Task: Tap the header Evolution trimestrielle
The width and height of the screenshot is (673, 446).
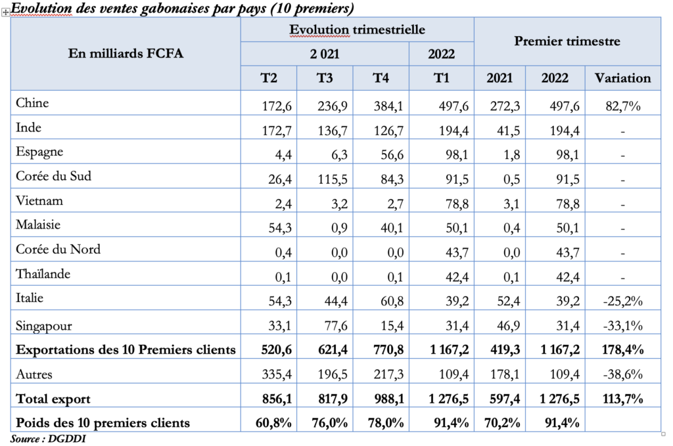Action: (x=357, y=30)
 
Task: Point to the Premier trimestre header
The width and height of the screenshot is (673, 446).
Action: (x=567, y=41)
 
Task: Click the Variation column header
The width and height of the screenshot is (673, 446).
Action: (x=622, y=78)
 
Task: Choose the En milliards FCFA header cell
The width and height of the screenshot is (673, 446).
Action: (x=126, y=53)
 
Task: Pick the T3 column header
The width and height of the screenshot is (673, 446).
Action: (x=324, y=78)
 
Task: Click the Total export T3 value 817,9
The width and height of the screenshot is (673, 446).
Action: (x=332, y=399)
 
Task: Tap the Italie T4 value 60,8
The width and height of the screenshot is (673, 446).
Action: (x=388, y=301)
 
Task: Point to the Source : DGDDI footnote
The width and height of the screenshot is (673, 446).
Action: (x=48, y=438)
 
